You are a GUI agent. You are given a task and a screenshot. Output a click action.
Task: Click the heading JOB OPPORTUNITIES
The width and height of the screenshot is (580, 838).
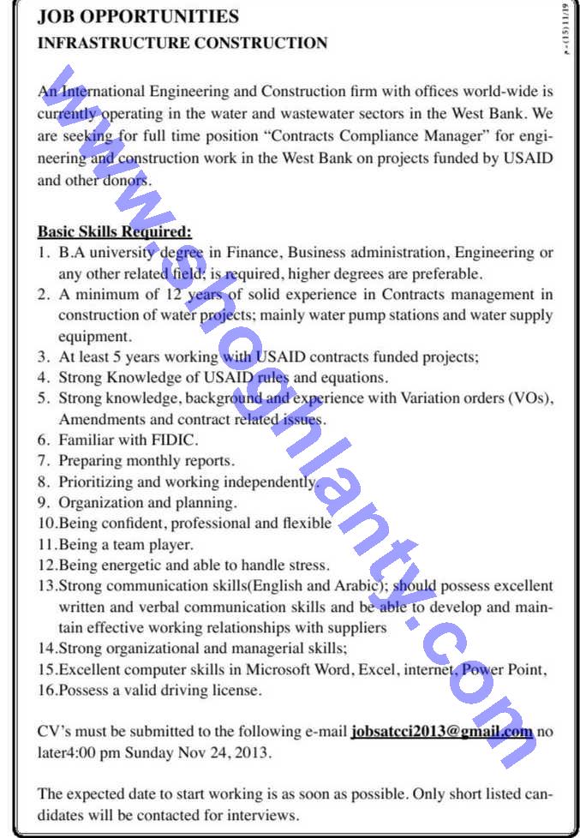[138, 16]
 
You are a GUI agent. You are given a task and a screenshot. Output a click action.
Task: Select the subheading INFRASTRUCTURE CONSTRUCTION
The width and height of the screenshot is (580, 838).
[182, 43]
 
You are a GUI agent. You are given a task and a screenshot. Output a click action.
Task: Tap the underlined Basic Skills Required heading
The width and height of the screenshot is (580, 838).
[115, 231]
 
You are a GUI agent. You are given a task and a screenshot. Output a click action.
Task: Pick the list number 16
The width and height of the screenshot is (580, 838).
[46, 689]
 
